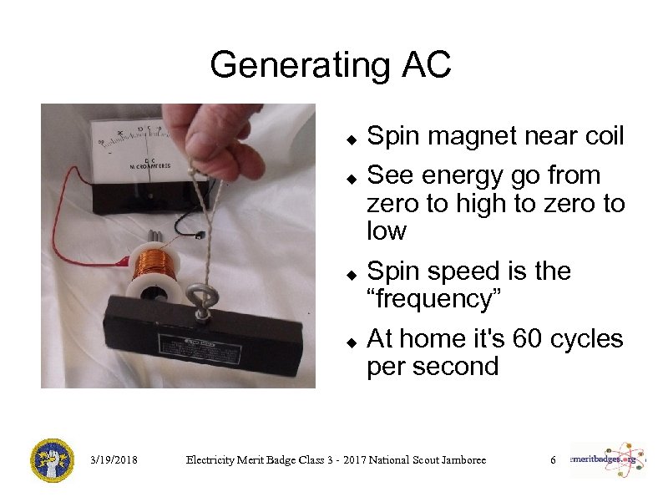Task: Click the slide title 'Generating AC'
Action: point(331,64)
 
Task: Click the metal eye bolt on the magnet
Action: point(201,300)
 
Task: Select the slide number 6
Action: point(552,460)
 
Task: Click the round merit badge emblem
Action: point(52,460)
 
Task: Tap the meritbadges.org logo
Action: point(607,459)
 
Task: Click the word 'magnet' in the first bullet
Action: point(482,137)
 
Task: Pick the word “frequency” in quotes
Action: point(433,298)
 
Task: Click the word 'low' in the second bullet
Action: point(386,231)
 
